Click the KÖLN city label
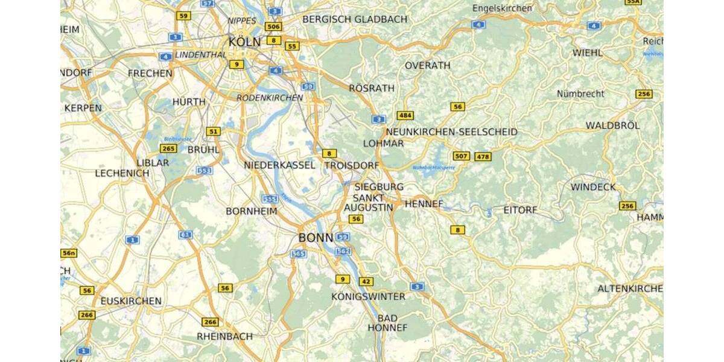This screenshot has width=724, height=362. point(244,42)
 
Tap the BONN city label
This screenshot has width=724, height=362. point(316,238)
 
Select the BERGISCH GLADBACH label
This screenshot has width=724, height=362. point(355,19)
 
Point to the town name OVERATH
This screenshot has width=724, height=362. point(427,65)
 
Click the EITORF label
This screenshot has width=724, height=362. point(519,211)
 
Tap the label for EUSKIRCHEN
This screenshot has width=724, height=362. point(131,300)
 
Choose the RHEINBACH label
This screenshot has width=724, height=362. point(224,336)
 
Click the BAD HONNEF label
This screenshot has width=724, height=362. point(387,323)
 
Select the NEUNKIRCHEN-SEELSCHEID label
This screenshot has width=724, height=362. point(451,132)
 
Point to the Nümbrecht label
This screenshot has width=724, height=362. point(580,94)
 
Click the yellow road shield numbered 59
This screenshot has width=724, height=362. point(183,16)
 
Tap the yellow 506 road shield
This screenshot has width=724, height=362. point(273,27)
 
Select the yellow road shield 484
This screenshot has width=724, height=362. point(405,115)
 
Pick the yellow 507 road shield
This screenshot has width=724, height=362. point(461,157)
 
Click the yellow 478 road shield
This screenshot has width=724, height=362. point(483,157)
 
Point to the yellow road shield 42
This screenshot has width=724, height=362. point(366,281)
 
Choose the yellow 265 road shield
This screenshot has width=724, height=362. point(168,148)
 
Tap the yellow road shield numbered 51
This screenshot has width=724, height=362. point(213,131)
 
